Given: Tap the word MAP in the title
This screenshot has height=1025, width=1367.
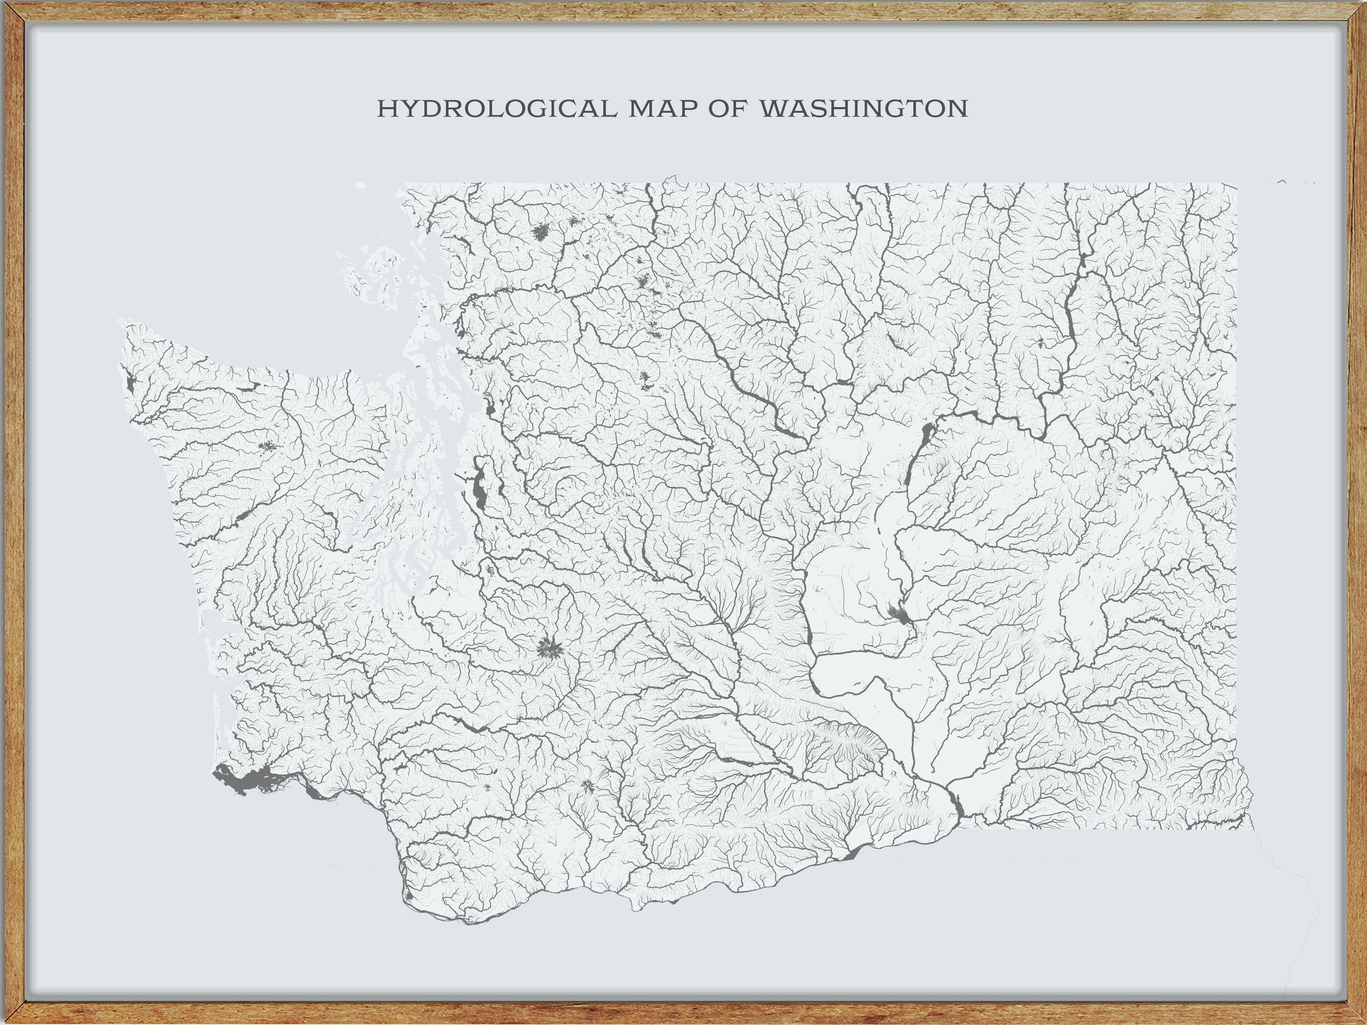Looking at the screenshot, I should point(664,109).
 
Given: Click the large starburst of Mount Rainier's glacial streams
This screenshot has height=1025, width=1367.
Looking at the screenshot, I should point(548,648).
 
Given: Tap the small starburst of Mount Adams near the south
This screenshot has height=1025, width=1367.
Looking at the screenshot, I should point(587,787).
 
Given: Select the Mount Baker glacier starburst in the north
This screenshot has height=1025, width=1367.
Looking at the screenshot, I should point(541,232).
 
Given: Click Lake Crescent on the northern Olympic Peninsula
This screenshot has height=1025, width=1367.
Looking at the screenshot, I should point(250,386).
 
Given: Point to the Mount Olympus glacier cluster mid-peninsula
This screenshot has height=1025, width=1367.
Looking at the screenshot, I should point(267,445).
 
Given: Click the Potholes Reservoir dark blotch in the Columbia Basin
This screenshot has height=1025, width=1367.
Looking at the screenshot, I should point(899,614).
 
